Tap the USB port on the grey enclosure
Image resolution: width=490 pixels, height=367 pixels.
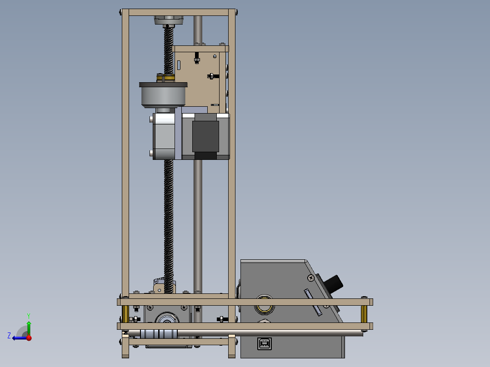265,344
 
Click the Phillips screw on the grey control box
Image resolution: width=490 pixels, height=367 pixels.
310,278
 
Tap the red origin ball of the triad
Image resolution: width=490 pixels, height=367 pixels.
29,337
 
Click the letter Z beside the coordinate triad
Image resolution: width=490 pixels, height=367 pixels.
9,336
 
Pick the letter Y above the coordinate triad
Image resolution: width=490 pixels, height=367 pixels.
29,316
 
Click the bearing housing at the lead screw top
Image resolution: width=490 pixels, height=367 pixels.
169,21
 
